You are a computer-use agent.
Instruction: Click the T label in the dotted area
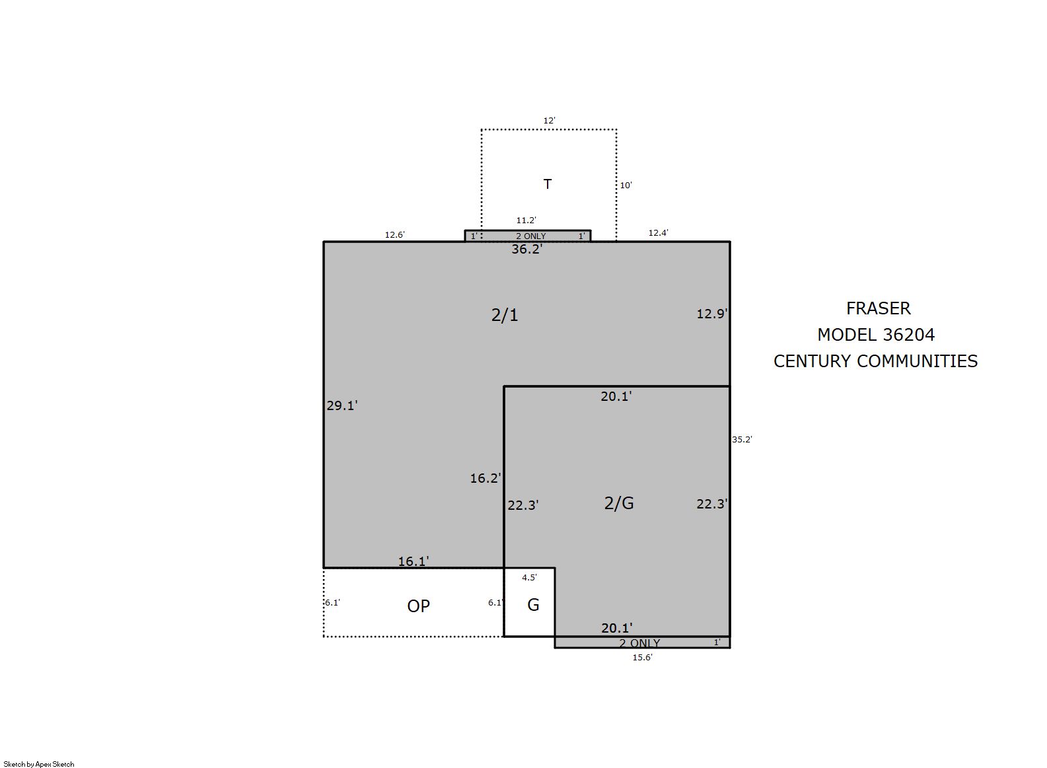pyautogui.click(x=548, y=184)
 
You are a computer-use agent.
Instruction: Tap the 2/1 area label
pyautogui.click(x=505, y=316)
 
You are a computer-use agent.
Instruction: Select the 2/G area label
pyautogui.click(x=619, y=503)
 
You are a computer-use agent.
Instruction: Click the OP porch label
pyautogui.click(x=418, y=606)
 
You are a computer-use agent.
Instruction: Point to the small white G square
pyautogui.click(x=530, y=603)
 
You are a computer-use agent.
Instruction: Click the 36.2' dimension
pyautogui.click(x=526, y=250)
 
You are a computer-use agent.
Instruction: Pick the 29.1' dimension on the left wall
pyautogui.click(x=342, y=405)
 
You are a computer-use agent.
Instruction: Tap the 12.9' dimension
pyautogui.click(x=712, y=314)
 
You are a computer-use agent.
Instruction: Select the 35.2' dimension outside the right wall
pyautogui.click(x=742, y=440)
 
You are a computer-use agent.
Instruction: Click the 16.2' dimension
pyautogui.click(x=486, y=478)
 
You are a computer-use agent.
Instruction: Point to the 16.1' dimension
pyautogui.click(x=414, y=561)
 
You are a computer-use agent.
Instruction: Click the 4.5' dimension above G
pyautogui.click(x=530, y=578)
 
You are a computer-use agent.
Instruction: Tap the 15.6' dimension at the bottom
pyautogui.click(x=643, y=658)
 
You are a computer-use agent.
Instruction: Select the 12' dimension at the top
pyautogui.click(x=549, y=121)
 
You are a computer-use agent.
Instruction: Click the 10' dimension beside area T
pyautogui.click(x=626, y=186)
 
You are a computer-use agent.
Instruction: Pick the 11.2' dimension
pyautogui.click(x=526, y=221)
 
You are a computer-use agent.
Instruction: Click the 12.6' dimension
pyautogui.click(x=395, y=235)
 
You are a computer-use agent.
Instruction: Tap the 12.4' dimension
pyautogui.click(x=659, y=233)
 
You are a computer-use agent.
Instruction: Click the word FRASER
pyautogui.click(x=879, y=308)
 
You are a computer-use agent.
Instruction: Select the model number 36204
pyautogui.click(x=909, y=335)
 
